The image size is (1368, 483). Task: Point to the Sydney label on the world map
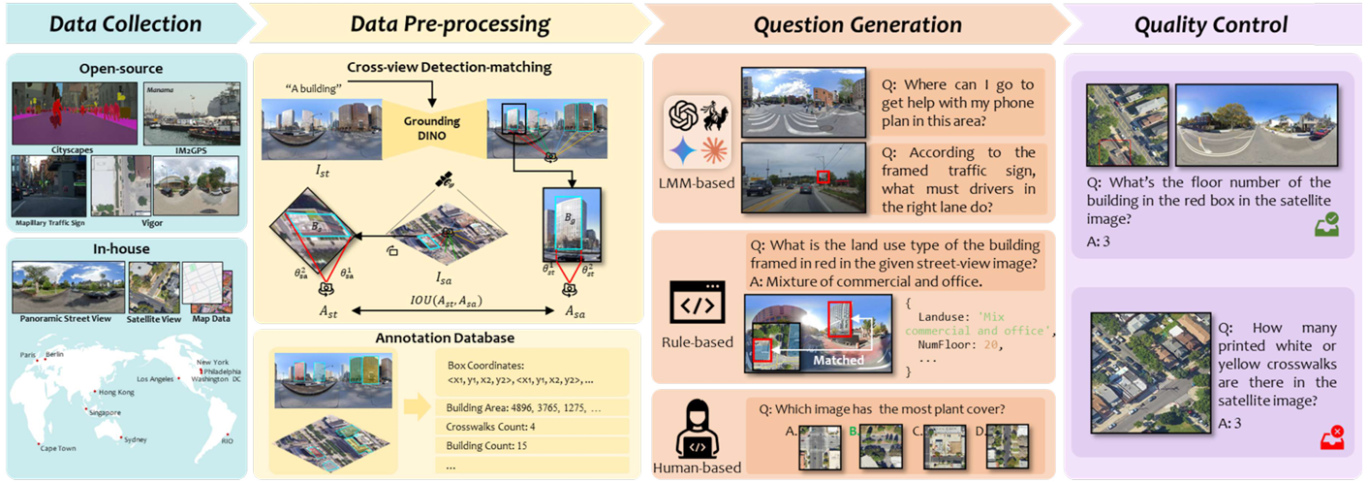[x=136, y=439]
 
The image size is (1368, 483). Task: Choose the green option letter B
[x=853, y=431]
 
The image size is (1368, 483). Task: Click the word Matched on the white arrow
[x=838, y=359]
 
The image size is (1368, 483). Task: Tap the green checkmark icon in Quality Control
[x=1326, y=225]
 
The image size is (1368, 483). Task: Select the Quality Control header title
[x=1211, y=24]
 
